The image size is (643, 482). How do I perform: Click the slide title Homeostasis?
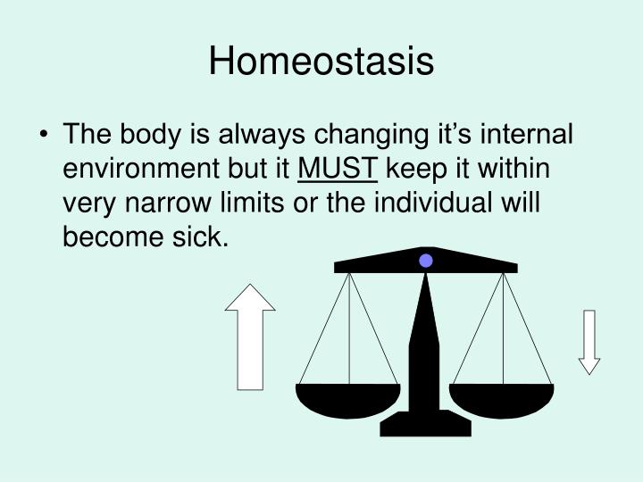tap(321, 62)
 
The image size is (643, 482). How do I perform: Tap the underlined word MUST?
tap(338, 170)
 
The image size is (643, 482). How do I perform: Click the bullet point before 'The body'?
tap(45, 137)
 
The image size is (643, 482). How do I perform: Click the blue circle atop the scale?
tap(426, 261)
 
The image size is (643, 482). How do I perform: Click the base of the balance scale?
tap(425, 424)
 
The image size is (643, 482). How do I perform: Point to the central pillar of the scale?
tap(425, 348)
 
